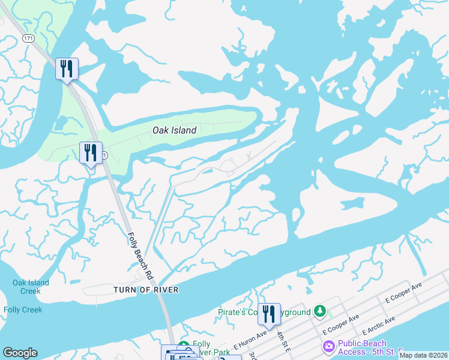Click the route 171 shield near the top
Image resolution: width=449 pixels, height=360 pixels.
coord(28,38)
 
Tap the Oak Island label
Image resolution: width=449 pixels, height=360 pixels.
coord(175,130)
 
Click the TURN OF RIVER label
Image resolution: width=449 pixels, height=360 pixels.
coord(145,290)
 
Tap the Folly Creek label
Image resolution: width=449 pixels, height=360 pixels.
coord(23,310)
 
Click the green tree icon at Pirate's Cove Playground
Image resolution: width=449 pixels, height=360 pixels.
coord(321,311)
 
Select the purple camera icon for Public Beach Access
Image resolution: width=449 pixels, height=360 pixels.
coord(328,346)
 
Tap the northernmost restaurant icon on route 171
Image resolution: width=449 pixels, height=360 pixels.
coord(67,68)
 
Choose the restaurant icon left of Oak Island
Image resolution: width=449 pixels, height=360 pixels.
coord(91,152)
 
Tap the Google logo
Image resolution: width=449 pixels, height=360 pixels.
coord(20,353)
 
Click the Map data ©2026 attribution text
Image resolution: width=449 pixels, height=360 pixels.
coord(423,355)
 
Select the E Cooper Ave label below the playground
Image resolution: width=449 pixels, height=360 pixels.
coord(340,324)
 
